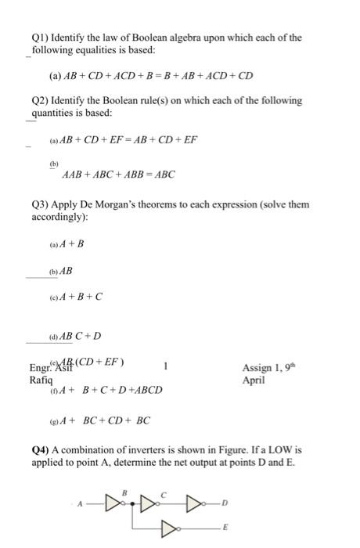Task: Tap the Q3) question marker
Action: point(43,205)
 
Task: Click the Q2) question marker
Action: point(43,101)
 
